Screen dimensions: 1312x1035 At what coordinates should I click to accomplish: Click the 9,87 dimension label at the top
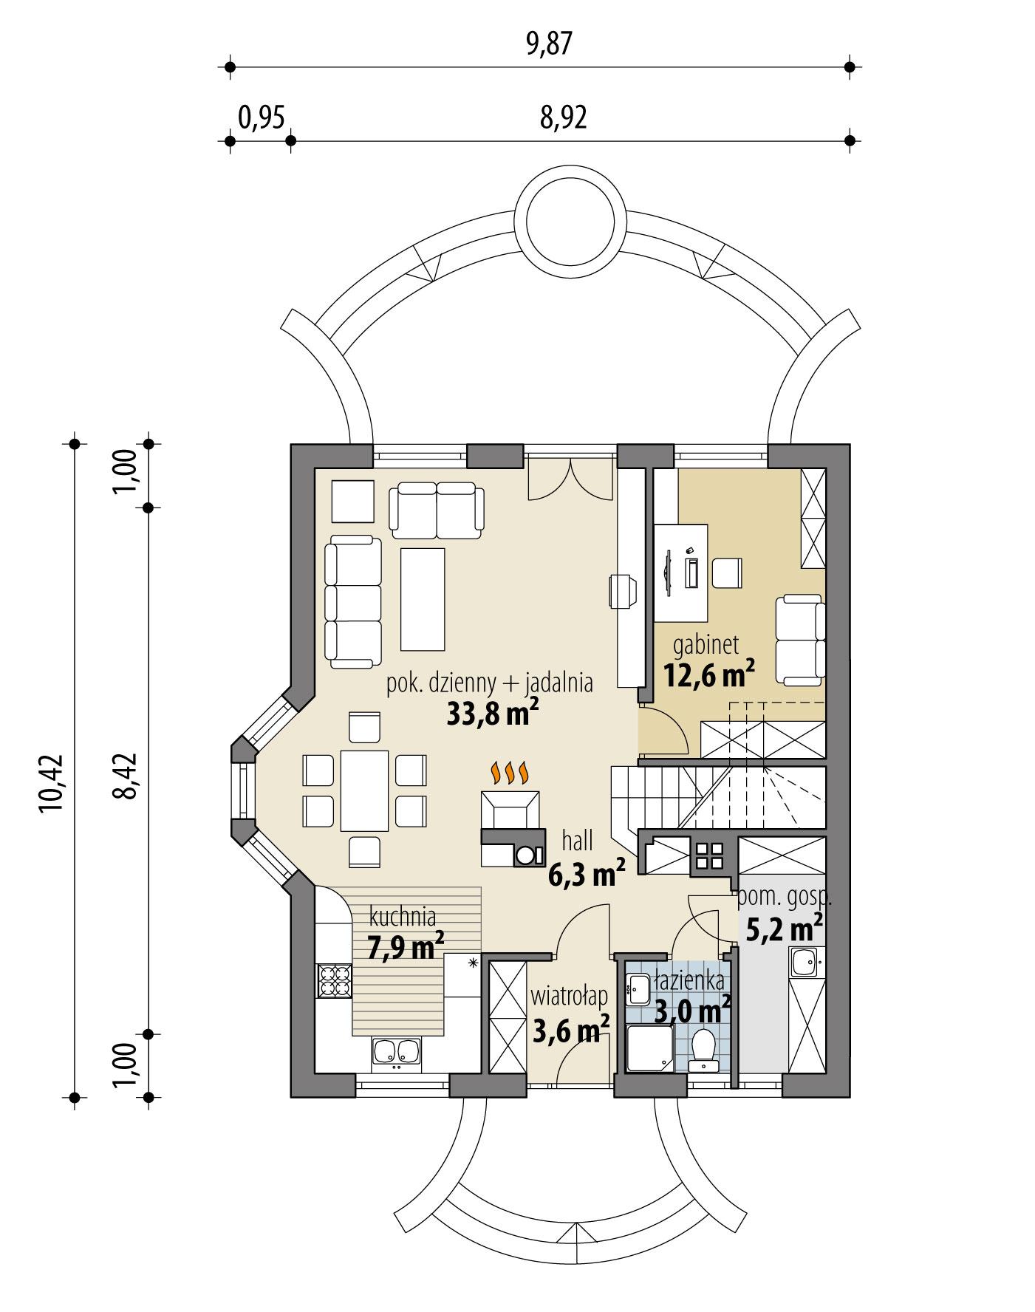[549, 45]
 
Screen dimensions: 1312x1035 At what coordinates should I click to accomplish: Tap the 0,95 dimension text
[262, 117]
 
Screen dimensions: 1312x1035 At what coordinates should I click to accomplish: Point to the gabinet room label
[706, 645]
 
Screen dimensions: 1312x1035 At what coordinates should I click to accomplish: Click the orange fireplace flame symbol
[510, 773]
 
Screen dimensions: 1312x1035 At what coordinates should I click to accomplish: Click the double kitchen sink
[397, 1053]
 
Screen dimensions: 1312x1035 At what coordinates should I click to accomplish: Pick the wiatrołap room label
[569, 997]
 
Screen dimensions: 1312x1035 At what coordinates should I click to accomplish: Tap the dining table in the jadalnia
[364, 790]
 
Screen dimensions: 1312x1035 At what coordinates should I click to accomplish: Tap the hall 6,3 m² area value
[587, 875]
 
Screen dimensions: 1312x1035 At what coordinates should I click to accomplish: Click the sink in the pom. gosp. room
[806, 963]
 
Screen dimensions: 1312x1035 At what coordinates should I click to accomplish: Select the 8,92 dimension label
[563, 117]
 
